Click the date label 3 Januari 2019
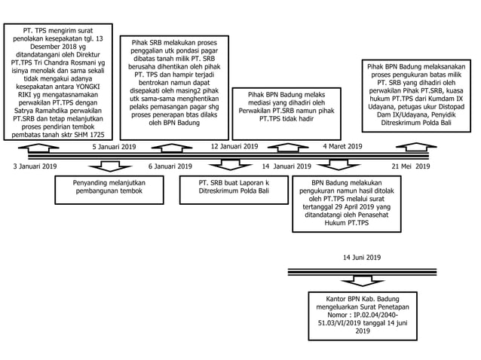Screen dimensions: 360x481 [x=35, y=165]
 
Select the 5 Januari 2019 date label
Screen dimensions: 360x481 [x=114, y=147]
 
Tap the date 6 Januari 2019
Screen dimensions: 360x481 [x=171, y=165]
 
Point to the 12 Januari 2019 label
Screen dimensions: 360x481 [x=234, y=147]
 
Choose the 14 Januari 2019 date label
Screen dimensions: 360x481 [x=286, y=165]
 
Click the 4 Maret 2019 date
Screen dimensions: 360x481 [x=342, y=147]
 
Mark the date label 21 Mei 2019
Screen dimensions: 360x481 [x=410, y=165]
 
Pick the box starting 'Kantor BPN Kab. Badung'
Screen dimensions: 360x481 [x=363, y=314]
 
